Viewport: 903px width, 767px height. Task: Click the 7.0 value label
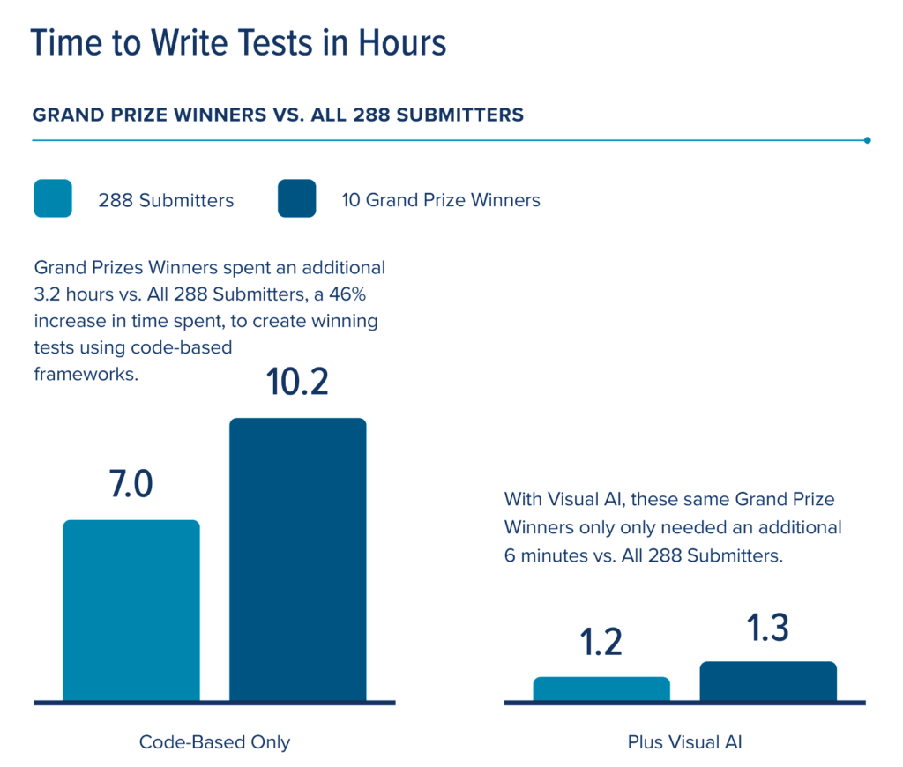point(131,486)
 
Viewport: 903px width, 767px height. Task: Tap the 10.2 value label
point(298,383)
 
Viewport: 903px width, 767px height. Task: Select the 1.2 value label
point(601,643)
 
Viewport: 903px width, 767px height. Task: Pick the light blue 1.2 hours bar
point(601,689)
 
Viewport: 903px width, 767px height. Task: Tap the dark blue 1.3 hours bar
point(768,681)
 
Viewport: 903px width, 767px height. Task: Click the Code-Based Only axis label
point(214,742)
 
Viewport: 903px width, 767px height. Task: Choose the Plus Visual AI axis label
point(684,742)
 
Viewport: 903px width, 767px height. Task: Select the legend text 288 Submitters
point(166,200)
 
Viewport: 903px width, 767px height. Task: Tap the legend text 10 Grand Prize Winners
point(440,200)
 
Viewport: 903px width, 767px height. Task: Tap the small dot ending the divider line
point(868,140)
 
